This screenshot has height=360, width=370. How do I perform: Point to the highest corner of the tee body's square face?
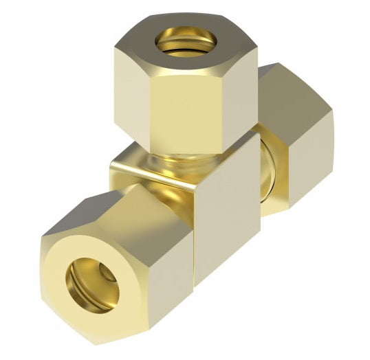click(x=259, y=134)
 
